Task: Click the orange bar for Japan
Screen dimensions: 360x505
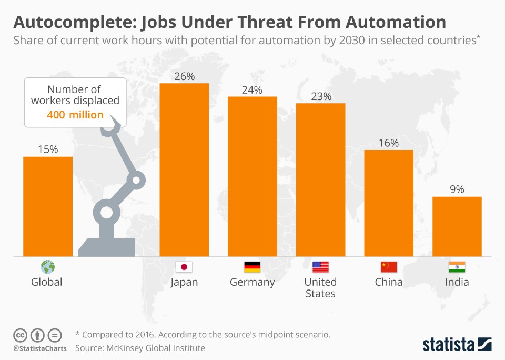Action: click(184, 169)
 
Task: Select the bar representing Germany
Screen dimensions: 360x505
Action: click(252, 176)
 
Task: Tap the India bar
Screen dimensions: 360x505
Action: click(457, 226)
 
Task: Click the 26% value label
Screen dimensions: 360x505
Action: click(184, 76)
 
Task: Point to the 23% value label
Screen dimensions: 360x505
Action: click(320, 96)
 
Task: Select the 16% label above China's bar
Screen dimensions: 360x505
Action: click(389, 143)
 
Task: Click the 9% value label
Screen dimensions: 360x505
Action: click(457, 189)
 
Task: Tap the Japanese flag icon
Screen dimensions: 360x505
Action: click(184, 267)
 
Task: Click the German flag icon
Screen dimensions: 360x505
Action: click(252, 267)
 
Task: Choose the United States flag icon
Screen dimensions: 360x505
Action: click(320, 267)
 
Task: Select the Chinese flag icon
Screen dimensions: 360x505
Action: click(389, 267)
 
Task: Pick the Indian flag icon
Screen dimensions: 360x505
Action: click(457, 267)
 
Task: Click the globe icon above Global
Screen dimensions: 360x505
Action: click(47, 266)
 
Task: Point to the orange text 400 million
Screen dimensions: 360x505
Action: click(75, 114)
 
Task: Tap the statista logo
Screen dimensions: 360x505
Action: click(457, 345)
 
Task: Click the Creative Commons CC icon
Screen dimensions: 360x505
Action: click(20, 335)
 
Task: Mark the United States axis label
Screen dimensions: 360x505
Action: click(320, 288)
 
